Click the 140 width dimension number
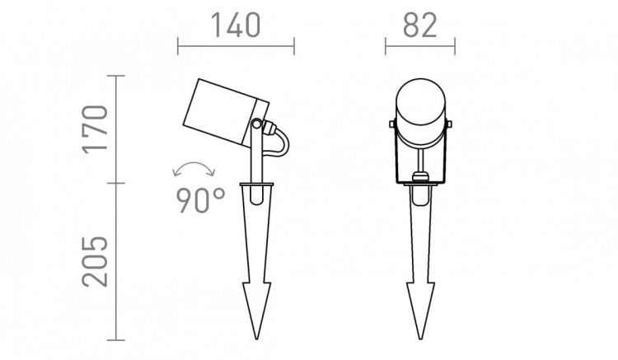pyautogui.click(x=236, y=26)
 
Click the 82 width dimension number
pyautogui.click(x=420, y=26)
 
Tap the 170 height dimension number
pyautogui.click(x=95, y=129)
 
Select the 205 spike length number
pyautogui.click(x=95, y=261)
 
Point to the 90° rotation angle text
pyautogui.click(x=200, y=200)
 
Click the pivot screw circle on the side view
pyautogui.click(x=256, y=124)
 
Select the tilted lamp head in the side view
pyautogui.click(x=226, y=113)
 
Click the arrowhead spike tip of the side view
pyautogui.click(x=256, y=339)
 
